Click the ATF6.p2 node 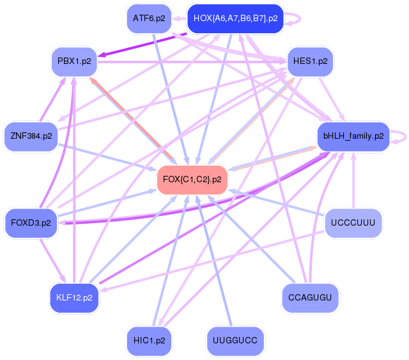[x=149, y=19]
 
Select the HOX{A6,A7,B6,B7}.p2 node [x=235, y=19]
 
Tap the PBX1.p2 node [x=74, y=61]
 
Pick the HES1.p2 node [x=310, y=61]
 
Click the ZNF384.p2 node [x=31, y=136]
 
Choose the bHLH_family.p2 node [x=353, y=136]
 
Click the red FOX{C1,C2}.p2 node [x=192, y=180]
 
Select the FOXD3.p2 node [x=31, y=223]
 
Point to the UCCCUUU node [x=353, y=223]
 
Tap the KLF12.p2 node [x=74, y=298]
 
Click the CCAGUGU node [x=310, y=298]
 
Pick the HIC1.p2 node [x=149, y=341]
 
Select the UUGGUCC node [x=235, y=341]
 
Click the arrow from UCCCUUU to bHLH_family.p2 [x=353, y=180]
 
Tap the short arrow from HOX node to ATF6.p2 [x=180, y=19]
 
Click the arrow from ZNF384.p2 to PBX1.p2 [x=52, y=99]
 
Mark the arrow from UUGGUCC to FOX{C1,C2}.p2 [x=214, y=260]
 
